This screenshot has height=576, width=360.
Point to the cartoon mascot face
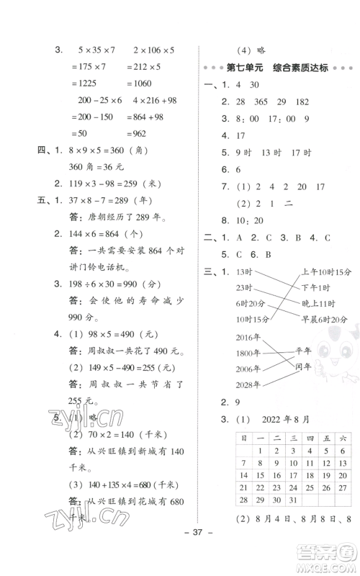tap(326, 343)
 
